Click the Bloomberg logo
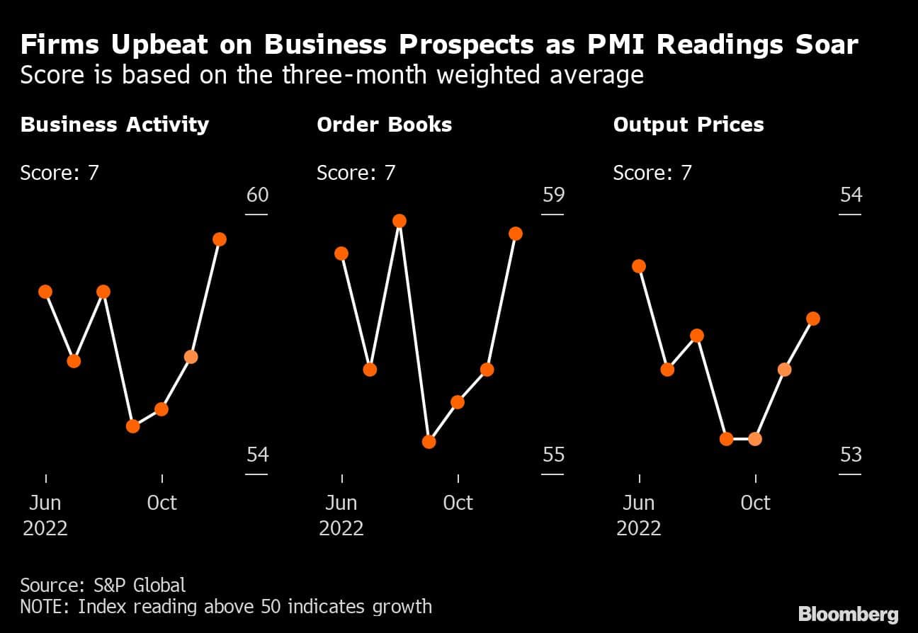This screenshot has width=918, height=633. (x=848, y=614)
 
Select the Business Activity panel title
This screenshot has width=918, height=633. (x=115, y=125)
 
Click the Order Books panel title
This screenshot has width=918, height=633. (x=384, y=125)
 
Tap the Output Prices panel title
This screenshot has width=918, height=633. (x=688, y=125)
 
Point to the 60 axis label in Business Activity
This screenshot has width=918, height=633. (x=257, y=194)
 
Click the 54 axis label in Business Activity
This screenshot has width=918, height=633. (x=257, y=454)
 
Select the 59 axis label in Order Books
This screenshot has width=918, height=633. (x=553, y=194)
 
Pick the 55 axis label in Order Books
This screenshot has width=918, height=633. (x=553, y=454)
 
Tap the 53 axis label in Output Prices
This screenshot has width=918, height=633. (x=850, y=454)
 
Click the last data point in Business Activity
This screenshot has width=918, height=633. (x=220, y=239)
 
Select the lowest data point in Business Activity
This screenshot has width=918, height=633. (x=132, y=426)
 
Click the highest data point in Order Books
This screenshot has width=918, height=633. (x=399, y=221)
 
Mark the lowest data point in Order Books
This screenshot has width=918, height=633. (x=429, y=442)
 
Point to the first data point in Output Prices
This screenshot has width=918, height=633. (x=639, y=266)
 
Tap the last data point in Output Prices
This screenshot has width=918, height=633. (x=813, y=319)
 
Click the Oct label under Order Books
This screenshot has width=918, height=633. (x=458, y=503)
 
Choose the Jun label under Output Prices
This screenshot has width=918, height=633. (x=639, y=503)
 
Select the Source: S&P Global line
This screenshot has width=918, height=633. (x=103, y=585)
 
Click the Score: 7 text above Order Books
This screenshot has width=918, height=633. (x=356, y=173)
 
